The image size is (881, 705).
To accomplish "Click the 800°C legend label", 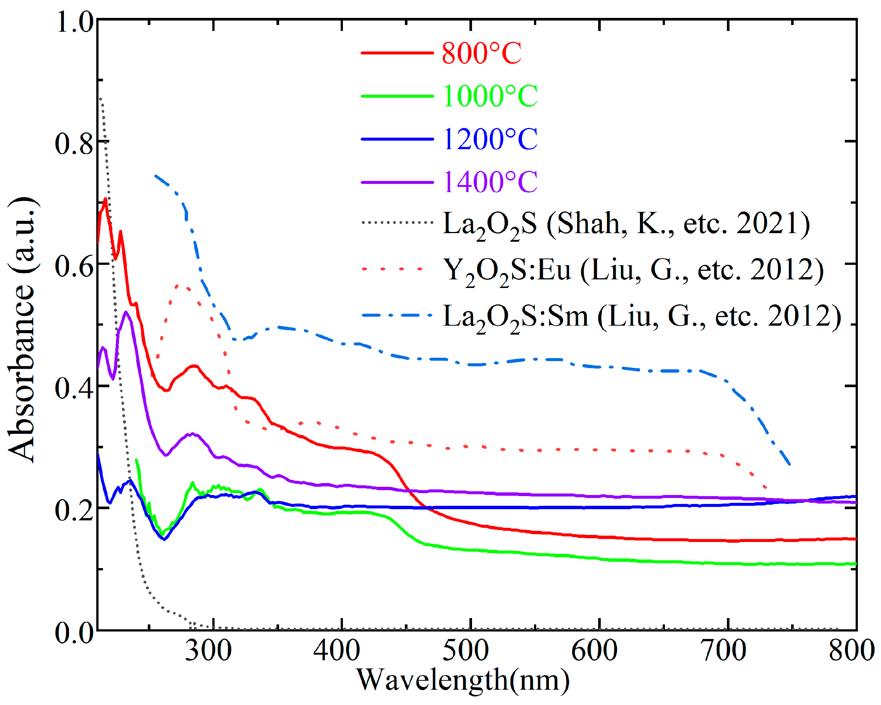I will [481, 53].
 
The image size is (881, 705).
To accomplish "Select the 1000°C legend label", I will [490, 96].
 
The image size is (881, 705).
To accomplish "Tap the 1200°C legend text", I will [490, 139].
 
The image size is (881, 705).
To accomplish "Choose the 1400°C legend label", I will [490, 182].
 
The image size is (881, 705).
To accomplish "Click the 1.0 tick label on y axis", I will [75, 21].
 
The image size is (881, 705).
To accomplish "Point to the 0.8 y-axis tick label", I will [74, 144].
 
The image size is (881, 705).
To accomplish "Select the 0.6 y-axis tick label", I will [74, 266].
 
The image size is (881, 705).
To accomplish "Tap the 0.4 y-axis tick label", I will [74, 388].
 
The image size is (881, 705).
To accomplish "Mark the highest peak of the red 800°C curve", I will [106, 199].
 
